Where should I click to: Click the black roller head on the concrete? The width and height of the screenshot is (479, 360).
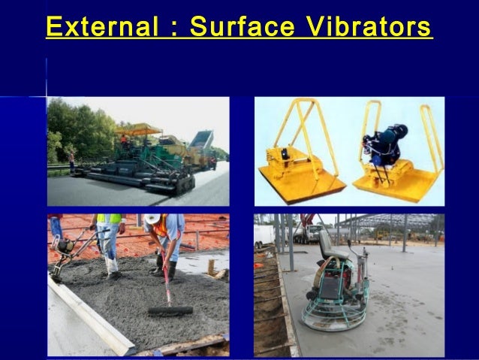point(170,310)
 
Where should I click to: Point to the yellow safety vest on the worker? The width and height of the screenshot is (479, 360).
point(110,219)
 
